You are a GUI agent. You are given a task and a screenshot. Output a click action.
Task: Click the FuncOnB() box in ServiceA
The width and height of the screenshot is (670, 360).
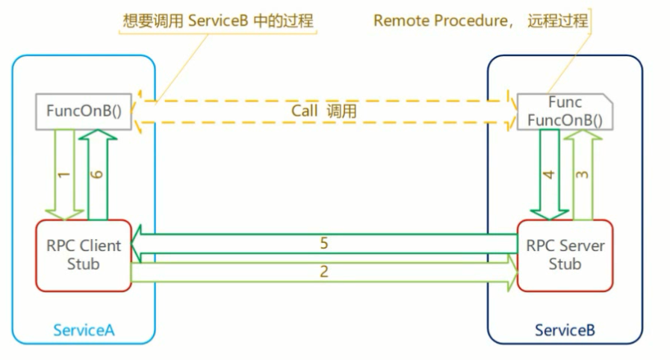pyautogui.click(x=84, y=112)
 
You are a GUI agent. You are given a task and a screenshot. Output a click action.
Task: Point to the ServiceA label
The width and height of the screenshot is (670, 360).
pyautogui.click(x=83, y=329)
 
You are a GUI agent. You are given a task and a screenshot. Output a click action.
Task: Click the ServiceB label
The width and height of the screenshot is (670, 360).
pyautogui.click(x=565, y=329)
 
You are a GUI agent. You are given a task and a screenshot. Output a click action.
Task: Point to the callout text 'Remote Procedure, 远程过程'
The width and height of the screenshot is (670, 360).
pyautogui.click(x=480, y=21)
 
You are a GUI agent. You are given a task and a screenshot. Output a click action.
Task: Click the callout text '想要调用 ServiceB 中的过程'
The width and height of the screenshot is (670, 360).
pyautogui.click(x=218, y=21)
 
